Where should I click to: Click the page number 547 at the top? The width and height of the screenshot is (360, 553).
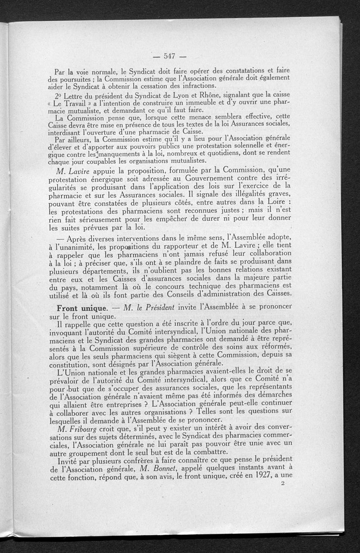[169, 56]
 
